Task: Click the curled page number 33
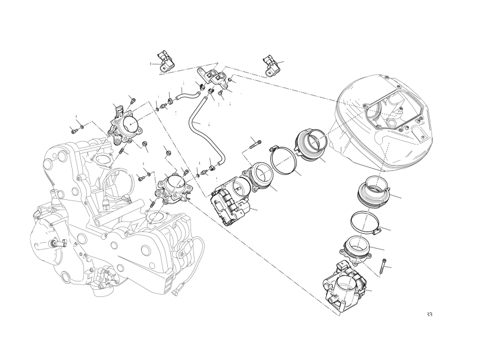pos(429,314)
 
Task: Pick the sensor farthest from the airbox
pos(164,60)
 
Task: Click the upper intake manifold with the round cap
pos(127,124)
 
